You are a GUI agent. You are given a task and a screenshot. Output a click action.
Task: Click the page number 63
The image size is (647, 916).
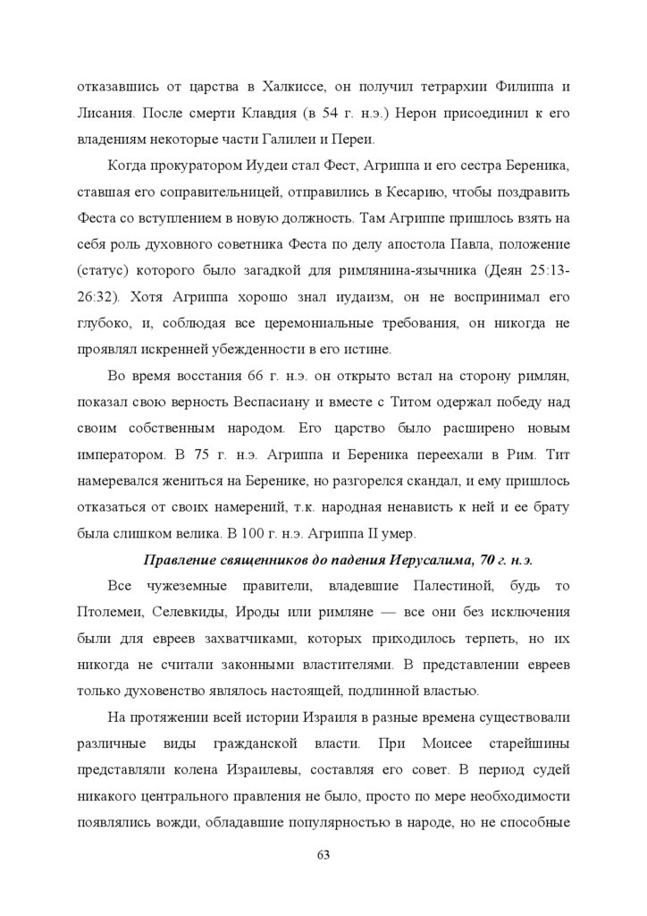pos(323,854)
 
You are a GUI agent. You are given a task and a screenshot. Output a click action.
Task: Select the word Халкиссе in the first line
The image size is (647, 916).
pos(294,87)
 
